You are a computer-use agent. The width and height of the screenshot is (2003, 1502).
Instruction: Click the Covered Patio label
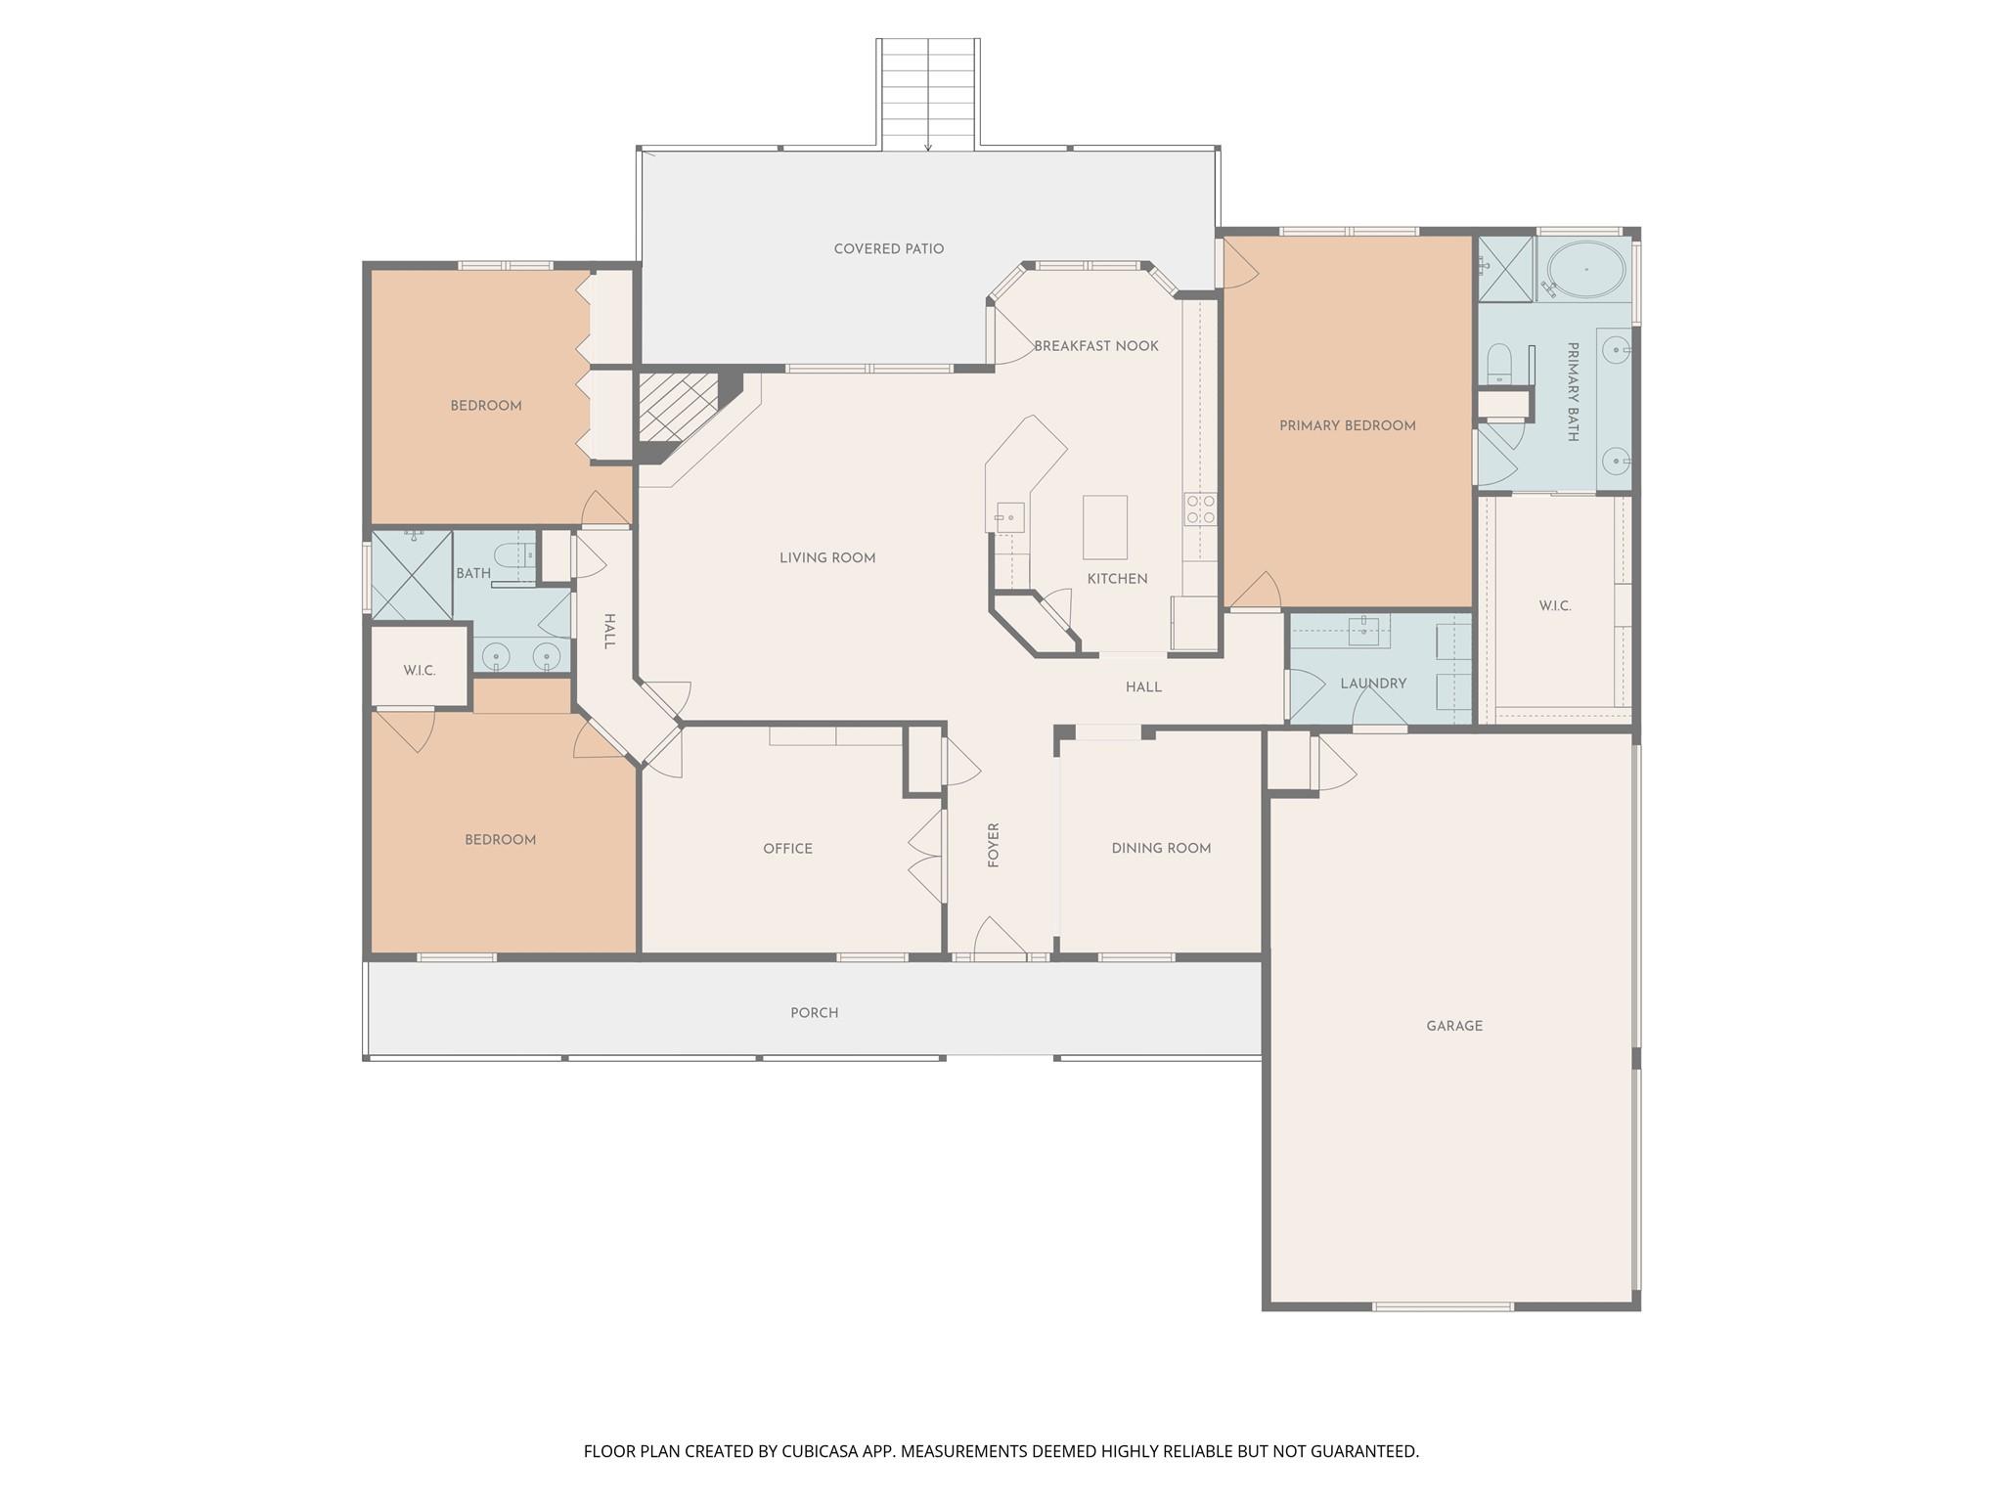(888, 249)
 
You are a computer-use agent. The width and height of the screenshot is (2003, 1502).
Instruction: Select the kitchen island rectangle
(1104, 527)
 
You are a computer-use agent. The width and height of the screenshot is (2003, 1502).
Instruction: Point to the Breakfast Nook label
(1095, 346)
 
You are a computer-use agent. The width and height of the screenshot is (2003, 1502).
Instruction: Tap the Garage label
(1453, 1026)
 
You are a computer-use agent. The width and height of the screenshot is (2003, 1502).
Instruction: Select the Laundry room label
(1373, 684)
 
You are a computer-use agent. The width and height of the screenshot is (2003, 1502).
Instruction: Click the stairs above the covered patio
(927, 94)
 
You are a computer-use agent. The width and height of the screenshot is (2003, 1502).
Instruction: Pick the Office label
(787, 849)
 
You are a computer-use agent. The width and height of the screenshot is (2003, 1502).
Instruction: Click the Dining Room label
(1161, 849)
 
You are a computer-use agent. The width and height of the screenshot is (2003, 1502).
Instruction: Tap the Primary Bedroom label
(1347, 425)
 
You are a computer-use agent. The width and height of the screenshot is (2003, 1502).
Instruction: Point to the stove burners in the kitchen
(1200, 508)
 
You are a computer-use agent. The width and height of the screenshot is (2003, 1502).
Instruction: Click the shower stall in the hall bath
(412, 575)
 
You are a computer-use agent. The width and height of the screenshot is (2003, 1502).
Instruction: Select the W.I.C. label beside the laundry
(1554, 606)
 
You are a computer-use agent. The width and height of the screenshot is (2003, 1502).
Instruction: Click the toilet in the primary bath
(1498, 365)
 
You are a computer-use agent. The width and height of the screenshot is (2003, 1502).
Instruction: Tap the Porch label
(814, 1013)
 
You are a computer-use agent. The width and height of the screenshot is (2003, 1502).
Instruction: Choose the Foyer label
(994, 845)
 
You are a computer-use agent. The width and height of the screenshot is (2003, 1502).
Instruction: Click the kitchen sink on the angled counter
(1009, 515)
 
